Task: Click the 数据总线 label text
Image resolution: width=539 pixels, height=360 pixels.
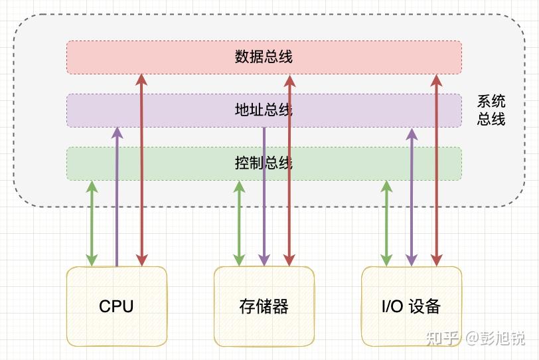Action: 264,57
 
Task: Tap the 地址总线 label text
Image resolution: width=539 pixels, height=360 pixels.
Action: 264,110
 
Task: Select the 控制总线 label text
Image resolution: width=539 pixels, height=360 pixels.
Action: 264,163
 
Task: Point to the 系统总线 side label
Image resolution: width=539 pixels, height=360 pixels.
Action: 491,110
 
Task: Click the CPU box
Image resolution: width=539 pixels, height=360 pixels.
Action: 116,306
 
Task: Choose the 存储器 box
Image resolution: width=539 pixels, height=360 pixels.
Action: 264,306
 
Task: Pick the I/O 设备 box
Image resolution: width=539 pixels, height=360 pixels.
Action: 411,306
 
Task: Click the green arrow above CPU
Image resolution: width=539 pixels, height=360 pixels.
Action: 92,223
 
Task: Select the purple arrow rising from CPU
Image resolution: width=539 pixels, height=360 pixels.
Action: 117,199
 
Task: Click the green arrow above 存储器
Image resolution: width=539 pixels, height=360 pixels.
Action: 239,223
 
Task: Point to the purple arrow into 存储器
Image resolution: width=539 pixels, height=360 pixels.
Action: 264,199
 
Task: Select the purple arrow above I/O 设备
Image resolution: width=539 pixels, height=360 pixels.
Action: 412,199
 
